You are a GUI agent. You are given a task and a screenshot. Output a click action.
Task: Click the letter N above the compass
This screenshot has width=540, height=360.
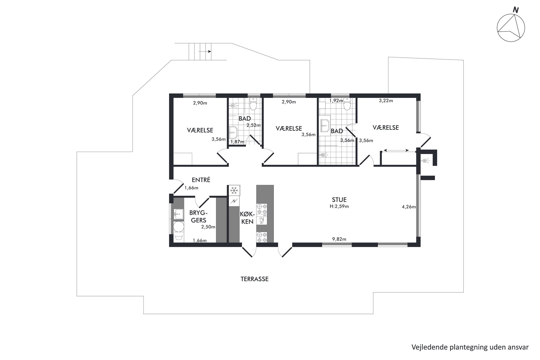515,10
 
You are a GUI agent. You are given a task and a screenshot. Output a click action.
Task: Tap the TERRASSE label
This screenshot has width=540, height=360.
254,279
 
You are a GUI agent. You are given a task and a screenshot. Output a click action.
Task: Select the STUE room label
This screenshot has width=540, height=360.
339,200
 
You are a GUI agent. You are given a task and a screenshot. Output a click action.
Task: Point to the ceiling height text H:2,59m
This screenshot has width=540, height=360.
339,206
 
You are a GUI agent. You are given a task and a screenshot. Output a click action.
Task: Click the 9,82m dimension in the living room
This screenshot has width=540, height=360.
339,239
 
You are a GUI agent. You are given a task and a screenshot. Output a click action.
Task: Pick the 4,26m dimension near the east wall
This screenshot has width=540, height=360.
409,207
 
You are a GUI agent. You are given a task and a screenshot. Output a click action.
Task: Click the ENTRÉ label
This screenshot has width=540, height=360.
201,180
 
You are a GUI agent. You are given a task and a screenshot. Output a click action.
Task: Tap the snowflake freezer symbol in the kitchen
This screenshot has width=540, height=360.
234,190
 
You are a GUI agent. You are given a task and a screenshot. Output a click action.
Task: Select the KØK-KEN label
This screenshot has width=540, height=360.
247,218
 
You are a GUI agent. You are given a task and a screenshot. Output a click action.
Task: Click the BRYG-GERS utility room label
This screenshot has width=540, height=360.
198,216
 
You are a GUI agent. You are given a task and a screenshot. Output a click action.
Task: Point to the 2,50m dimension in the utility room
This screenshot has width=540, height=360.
208,227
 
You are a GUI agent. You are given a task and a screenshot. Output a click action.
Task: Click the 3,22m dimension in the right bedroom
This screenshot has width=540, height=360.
386,101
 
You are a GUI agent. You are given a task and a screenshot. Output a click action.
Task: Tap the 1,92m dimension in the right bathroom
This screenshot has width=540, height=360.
336,101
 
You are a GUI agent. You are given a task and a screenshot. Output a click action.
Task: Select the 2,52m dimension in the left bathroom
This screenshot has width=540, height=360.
254,125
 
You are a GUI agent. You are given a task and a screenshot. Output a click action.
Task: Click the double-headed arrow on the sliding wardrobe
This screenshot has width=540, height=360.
396,150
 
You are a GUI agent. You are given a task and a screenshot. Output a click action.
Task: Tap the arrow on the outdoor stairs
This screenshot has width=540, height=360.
205,51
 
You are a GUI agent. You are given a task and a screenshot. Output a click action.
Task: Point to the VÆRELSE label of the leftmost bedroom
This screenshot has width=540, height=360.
200,130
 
